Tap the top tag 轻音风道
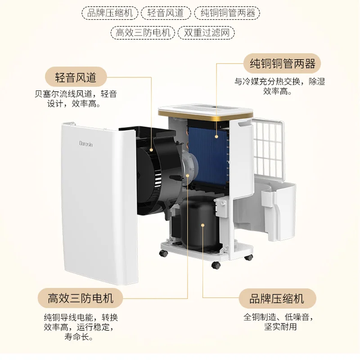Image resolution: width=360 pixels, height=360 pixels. coord(166,13)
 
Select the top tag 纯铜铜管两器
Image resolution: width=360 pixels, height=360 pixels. coord(225,13)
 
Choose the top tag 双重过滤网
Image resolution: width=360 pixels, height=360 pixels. coord(207,33)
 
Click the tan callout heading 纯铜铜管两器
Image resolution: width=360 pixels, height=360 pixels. coord(283,64)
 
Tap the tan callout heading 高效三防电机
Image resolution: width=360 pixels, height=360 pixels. coord(81,298)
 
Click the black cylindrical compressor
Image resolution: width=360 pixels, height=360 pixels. coord(198,225)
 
